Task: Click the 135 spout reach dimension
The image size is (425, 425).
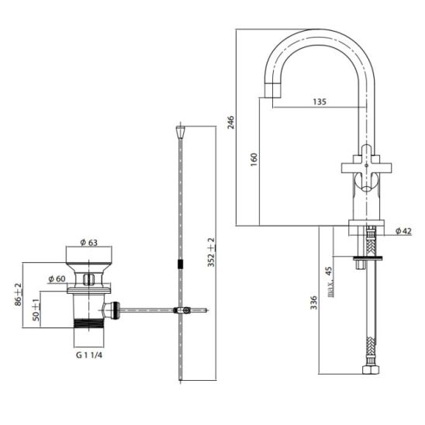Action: pyautogui.click(x=320, y=102)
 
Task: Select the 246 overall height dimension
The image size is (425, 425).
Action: pyautogui.click(x=230, y=123)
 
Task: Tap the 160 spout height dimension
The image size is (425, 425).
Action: pyautogui.click(x=254, y=160)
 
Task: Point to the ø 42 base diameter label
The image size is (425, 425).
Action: pyautogui.click(x=403, y=231)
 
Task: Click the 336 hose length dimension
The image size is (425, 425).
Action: pyautogui.click(x=313, y=302)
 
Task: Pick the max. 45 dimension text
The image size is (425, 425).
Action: pyautogui.click(x=329, y=282)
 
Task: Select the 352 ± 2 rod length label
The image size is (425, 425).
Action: pyautogui.click(x=212, y=252)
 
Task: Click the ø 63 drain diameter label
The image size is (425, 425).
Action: pyautogui.click(x=89, y=243)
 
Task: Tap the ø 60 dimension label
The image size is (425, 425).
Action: pyautogui.click(x=57, y=278)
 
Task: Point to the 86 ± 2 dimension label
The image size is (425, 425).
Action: pyautogui.click(x=19, y=295)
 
